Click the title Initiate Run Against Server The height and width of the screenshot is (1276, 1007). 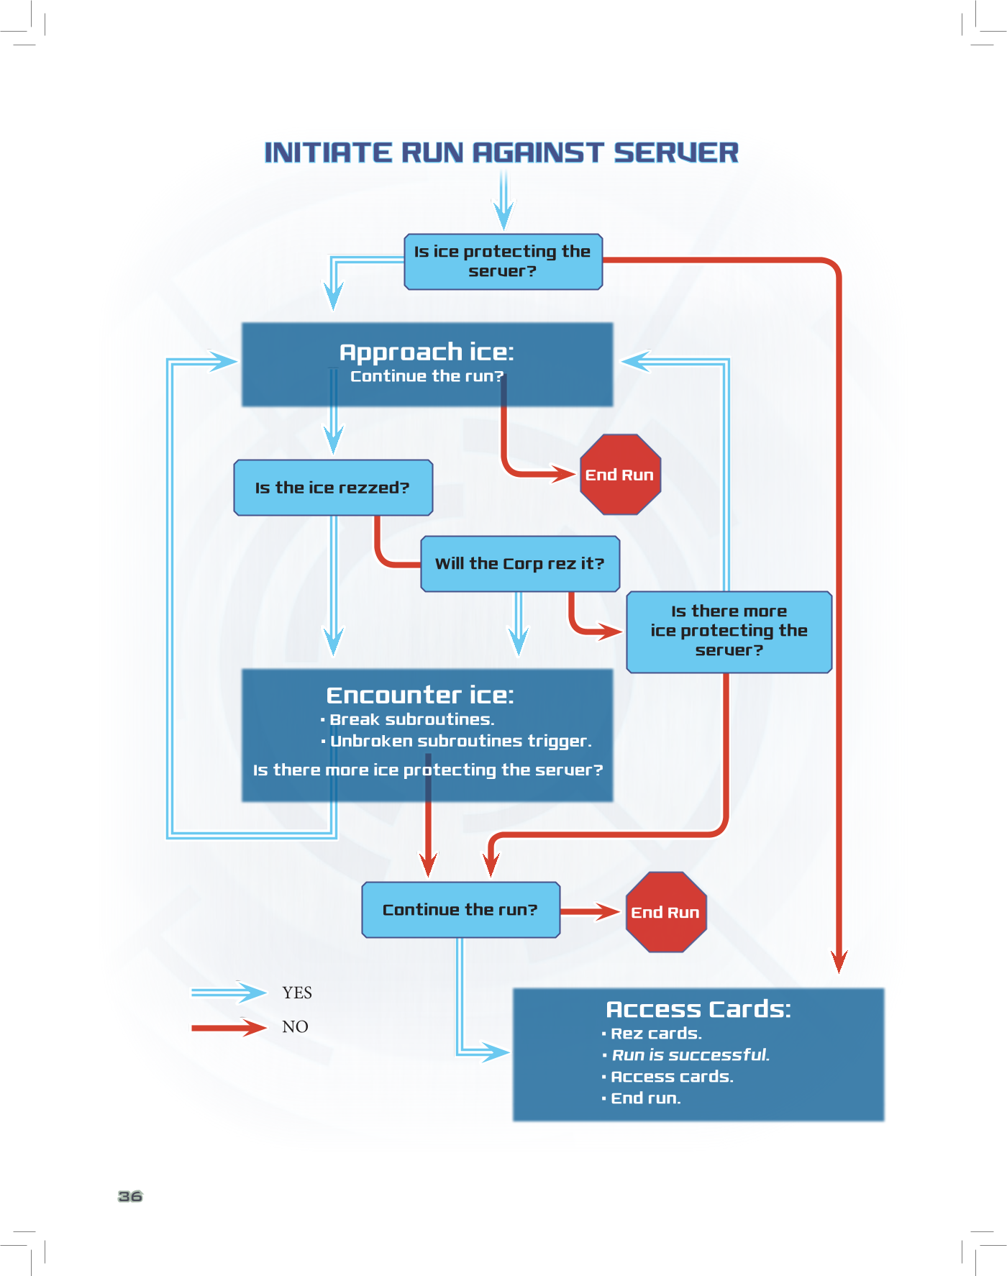[501, 152]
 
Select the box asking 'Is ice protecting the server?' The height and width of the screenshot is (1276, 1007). [503, 262]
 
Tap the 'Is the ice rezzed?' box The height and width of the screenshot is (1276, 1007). [333, 488]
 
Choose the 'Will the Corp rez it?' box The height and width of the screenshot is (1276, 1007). [520, 564]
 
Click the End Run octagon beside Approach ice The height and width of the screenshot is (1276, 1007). [620, 475]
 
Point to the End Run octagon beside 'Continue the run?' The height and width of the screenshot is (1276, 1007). [666, 912]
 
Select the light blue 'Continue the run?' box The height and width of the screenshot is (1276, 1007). [460, 910]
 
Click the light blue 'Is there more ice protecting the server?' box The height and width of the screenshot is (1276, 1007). [729, 632]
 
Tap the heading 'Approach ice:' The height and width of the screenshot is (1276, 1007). [427, 352]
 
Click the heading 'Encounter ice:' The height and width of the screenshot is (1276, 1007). [420, 695]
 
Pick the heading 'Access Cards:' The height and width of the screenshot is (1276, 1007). [698, 1009]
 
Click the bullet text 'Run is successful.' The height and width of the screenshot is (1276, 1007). [691, 1055]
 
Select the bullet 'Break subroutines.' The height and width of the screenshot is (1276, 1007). [411, 719]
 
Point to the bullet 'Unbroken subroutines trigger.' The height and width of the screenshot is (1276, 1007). [460, 741]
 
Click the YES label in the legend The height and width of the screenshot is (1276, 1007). [297, 993]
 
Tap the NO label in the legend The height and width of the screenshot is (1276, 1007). [295, 1027]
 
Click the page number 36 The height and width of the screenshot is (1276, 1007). [130, 1196]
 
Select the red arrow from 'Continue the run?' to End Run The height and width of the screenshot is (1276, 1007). [591, 912]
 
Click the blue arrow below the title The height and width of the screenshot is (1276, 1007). [503, 201]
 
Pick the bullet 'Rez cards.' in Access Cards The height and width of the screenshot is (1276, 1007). [656, 1034]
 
